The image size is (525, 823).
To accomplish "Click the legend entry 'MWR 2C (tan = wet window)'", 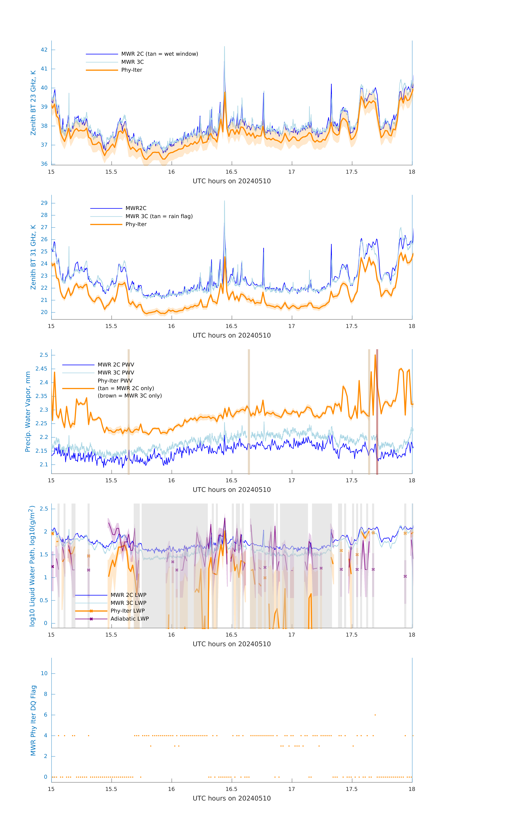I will click(159, 54).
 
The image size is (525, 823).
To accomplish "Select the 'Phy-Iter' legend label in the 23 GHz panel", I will click(132, 70).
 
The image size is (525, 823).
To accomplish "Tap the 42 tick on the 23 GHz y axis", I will click(44, 50).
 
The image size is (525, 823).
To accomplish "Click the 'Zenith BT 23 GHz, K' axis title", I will click(33, 103).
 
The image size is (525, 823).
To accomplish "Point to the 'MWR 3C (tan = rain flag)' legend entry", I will click(159, 216).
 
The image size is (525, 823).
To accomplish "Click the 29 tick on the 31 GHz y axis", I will click(44, 203).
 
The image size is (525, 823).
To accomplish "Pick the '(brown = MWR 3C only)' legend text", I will click(130, 396).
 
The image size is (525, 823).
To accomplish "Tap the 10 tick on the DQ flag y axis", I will click(44, 674).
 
